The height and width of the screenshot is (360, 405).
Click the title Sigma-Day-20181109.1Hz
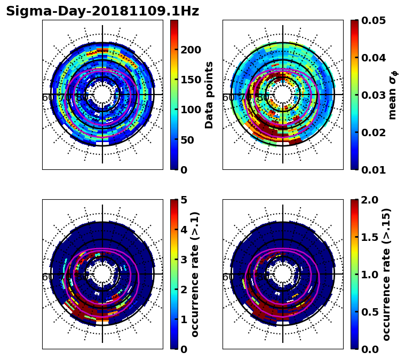coord(102,11)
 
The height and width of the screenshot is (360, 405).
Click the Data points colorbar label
coord(209,95)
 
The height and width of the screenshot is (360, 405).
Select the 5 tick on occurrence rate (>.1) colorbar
coord(184,200)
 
